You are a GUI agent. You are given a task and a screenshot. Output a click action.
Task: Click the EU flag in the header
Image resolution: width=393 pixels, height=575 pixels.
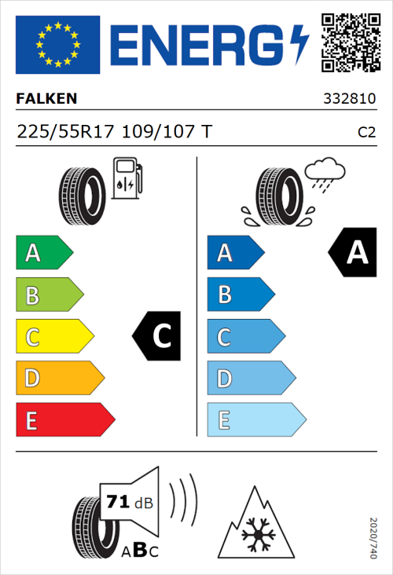click(x=58, y=45)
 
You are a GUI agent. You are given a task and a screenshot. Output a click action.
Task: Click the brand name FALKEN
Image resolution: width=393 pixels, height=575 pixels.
click(x=46, y=99)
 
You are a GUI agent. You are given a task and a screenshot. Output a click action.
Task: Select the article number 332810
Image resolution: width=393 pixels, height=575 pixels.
click(x=349, y=100)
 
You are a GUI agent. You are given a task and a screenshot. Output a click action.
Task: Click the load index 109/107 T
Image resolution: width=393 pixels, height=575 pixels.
click(x=166, y=132)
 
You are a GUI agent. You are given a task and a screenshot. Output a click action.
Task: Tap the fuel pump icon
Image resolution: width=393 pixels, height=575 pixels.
click(x=126, y=178)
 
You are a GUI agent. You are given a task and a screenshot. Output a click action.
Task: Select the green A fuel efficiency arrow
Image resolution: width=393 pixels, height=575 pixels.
click(x=43, y=253)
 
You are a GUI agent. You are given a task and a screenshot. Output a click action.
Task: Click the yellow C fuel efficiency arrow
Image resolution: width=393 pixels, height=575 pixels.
click(x=53, y=337)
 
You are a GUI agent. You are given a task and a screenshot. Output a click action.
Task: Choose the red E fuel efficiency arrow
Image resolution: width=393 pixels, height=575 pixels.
click(x=64, y=420)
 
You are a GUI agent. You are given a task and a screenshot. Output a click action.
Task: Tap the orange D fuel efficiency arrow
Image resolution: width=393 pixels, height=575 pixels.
click(x=59, y=379)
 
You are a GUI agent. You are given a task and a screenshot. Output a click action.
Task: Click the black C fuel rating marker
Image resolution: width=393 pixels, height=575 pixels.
click(x=156, y=337)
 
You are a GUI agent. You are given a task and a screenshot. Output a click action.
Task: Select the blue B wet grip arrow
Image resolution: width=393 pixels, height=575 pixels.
click(x=240, y=295)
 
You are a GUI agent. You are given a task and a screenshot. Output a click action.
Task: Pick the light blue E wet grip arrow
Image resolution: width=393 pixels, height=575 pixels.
click(x=255, y=420)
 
